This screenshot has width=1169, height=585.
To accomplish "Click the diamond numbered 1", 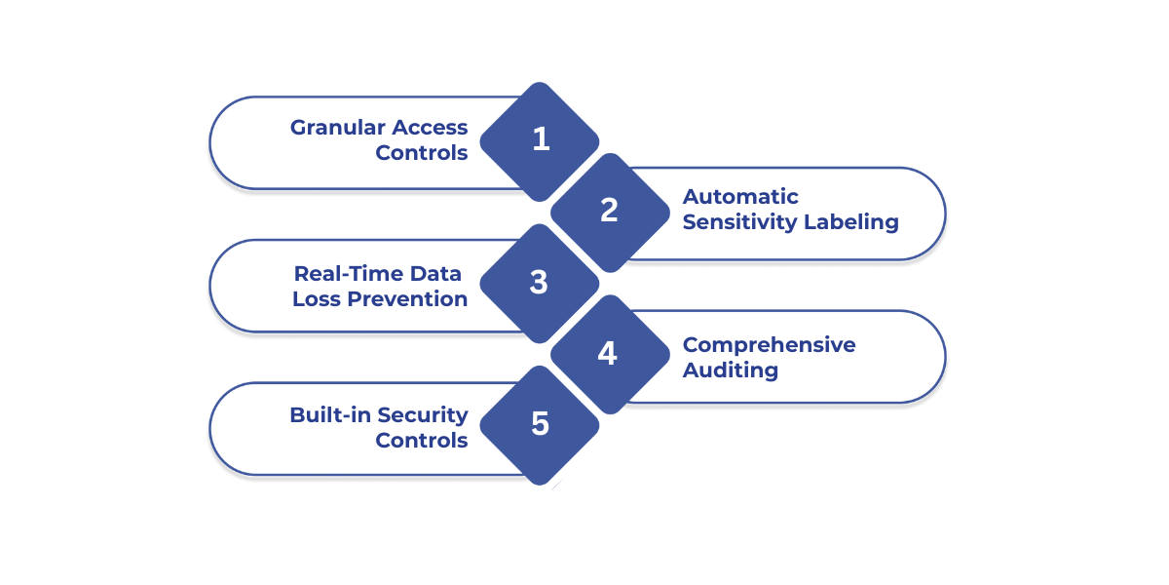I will [541, 139].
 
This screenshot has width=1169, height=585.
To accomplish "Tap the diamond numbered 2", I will [610, 211].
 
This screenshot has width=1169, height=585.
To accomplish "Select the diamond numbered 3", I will [540, 283].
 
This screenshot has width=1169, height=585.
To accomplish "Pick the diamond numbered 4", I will [609, 353].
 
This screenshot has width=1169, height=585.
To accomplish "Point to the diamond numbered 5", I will [540, 424].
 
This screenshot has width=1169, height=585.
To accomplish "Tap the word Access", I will [430, 128].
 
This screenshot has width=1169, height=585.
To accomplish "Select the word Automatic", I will [740, 197].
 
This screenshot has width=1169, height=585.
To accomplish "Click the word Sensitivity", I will [739, 222].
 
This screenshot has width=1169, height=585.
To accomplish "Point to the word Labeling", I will [850, 222].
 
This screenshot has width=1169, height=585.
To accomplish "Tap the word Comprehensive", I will [769, 345].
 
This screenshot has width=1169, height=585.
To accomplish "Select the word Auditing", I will [730, 370].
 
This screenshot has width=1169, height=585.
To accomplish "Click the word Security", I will [423, 415].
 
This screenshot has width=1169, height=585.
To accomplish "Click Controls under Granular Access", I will [421, 153].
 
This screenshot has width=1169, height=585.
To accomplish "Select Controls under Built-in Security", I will [421, 441].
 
